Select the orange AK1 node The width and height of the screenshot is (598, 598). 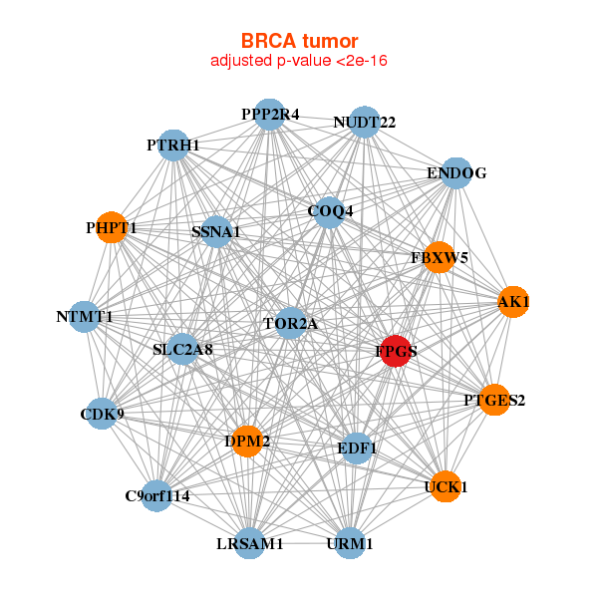click(x=513, y=302)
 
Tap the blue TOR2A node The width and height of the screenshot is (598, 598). click(x=290, y=323)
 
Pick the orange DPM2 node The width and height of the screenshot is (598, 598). click(x=247, y=441)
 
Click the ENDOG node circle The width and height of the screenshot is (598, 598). click(x=455, y=173)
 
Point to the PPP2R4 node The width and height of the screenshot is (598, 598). click(x=269, y=115)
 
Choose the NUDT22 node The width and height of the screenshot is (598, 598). click(x=365, y=123)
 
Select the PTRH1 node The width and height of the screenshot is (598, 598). click(x=173, y=146)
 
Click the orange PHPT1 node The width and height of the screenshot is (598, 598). click(x=111, y=228)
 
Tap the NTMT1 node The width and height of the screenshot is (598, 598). click(x=85, y=317)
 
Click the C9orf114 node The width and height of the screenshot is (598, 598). click(x=156, y=495)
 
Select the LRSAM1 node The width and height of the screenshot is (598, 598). click(x=251, y=543)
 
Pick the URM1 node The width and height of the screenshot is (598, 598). click(x=349, y=543)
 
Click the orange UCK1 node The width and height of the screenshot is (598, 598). click(x=446, y=487)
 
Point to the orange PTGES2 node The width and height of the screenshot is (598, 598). click(x=494, y=401)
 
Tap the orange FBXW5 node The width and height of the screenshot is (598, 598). click(x=439, y=257)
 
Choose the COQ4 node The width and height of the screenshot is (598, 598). click(x=330, y=210)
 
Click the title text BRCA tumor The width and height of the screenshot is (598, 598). click(x=299, y=41)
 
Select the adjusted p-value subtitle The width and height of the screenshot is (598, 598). click(x=299, y=61)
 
